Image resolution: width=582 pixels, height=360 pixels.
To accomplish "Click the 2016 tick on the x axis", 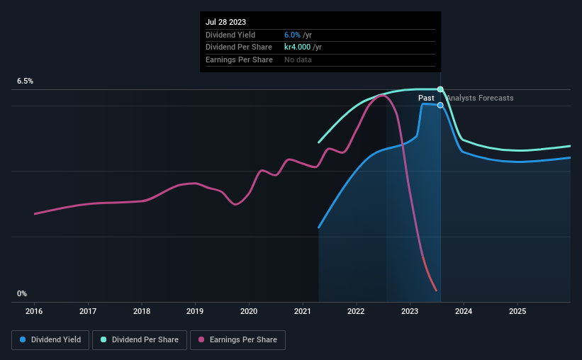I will [x=35, y=310].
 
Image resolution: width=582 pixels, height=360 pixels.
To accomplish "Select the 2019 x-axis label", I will [x=195, y=310].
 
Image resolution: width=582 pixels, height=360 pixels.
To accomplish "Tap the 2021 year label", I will [x=303, y=310].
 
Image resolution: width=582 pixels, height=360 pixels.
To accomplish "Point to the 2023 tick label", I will [x=410, y=310].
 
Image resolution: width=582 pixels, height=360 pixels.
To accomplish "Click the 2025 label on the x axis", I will [x=517, y=310].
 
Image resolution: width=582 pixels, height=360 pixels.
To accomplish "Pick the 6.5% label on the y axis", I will [x=26, y=81].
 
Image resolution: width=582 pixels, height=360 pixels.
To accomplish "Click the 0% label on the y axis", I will [x=22, y=293].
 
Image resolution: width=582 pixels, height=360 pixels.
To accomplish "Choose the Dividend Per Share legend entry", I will [x=140, y=340].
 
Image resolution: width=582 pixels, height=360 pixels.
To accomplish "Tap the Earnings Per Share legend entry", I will [x=238, y=340].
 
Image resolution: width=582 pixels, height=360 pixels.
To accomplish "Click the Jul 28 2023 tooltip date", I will [x=226, y=23].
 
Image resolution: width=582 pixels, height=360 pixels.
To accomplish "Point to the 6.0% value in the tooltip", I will [x=292, y=35].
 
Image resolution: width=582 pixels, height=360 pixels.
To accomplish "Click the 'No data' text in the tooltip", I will [x=298, y=60].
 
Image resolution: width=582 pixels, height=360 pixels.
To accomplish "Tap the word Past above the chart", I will [x=426, y=99].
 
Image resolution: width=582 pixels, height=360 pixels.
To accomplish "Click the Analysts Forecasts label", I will [x=479, y=99].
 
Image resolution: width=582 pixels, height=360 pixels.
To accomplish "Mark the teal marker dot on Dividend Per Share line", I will [x=440, y=89].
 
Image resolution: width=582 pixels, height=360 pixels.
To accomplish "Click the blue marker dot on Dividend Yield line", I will [x=440, y=105].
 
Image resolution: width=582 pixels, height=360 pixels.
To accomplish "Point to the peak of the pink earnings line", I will [x=384, y=95].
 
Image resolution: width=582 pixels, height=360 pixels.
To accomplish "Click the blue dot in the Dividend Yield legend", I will [x=23, y=340].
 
